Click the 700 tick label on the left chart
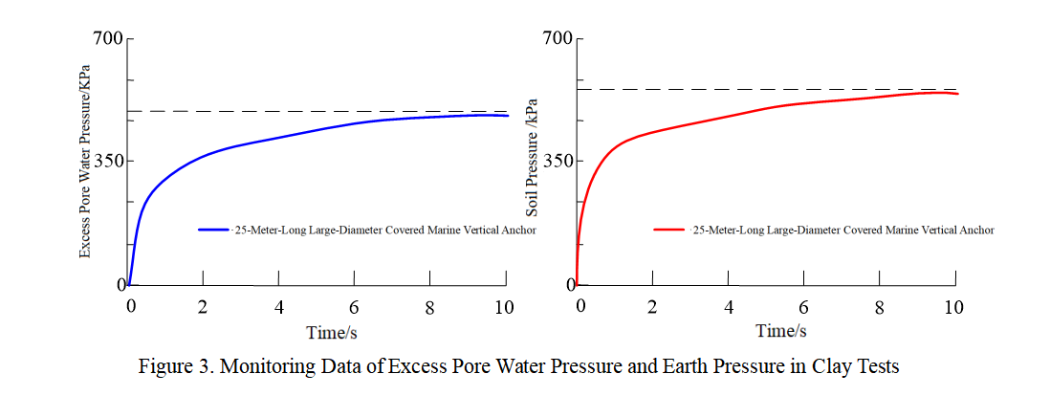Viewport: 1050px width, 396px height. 107,39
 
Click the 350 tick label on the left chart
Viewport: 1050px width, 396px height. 107,162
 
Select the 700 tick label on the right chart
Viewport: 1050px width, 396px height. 558,39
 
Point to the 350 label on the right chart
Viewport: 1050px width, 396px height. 558,162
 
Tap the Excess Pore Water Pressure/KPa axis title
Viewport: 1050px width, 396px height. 85,162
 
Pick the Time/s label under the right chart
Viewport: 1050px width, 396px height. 780,331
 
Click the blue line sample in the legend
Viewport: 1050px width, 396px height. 213,231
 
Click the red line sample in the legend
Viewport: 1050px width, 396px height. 669,231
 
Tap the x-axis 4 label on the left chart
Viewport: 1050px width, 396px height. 278,308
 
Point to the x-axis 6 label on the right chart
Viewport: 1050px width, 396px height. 803,307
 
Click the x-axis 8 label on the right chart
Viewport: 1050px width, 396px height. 879,307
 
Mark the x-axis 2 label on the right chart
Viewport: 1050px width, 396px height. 652,307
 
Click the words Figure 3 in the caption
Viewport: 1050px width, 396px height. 172,367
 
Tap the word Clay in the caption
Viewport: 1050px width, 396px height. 839,367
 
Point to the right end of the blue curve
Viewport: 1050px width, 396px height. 508,116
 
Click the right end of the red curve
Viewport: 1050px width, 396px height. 957,94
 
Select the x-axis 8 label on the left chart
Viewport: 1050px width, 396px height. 429,308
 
